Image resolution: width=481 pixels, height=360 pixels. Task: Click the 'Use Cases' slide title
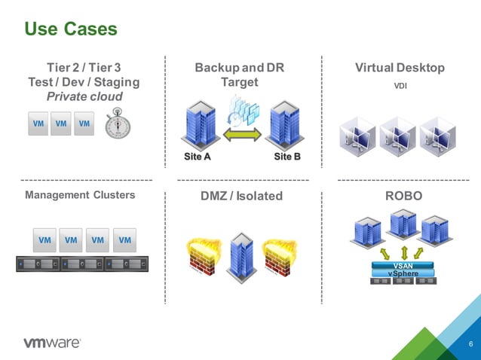71,29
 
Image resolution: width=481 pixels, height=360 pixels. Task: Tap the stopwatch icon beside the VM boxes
118,124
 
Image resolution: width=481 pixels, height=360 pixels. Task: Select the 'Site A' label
198,157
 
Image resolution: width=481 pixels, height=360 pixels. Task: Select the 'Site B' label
287,157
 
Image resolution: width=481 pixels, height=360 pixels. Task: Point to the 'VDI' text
400,86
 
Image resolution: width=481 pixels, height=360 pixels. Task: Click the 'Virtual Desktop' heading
400,68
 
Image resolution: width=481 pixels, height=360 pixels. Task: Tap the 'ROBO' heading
403,196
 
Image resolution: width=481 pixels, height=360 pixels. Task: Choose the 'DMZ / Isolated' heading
241,196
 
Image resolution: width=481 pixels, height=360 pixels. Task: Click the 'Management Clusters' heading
80,195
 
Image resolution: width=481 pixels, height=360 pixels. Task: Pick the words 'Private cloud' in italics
84,96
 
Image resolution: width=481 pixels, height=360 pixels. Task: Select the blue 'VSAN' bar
403,265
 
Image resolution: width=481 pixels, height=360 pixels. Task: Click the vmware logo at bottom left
52,343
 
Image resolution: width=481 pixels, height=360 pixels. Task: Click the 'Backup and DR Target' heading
240,75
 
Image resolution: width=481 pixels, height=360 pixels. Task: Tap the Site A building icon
198,124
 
